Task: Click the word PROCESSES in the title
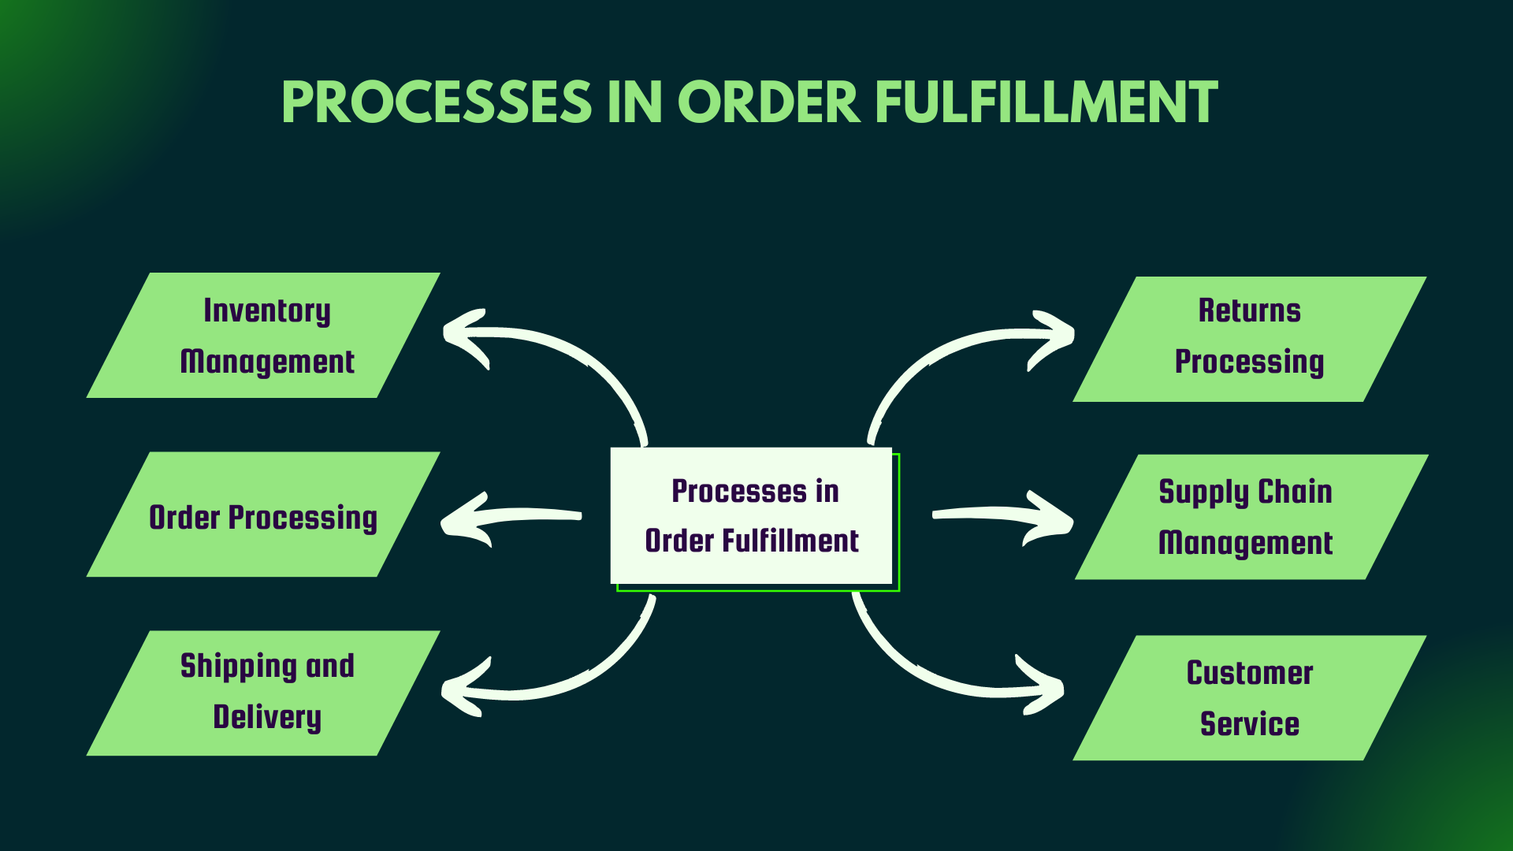click(437, 103)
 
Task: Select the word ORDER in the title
click(768, 103)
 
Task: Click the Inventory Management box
click(263, 336)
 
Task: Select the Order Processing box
click(263, 515)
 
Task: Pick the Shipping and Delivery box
click(263, 693)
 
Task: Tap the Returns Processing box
click(1250, 339)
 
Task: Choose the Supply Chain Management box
click(1251, 517)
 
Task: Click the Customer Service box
click(1250, 698)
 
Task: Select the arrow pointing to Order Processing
click(512, 517)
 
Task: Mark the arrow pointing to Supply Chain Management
click(1001, 517)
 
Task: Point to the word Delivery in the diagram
click(267, 718)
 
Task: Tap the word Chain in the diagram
click(1295, 492)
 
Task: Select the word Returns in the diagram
click(1250, 310)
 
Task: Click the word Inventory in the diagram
click(267, 310)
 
